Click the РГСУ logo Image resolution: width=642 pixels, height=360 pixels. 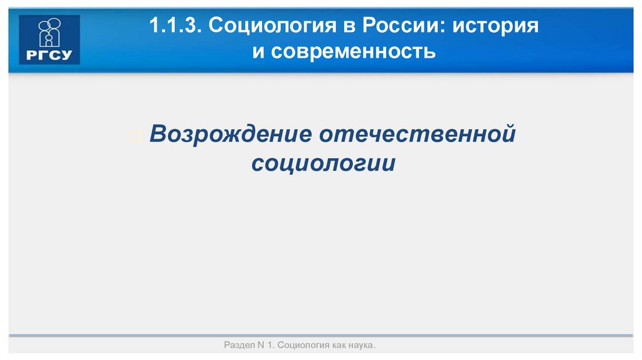50,40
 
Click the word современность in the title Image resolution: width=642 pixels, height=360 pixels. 354,52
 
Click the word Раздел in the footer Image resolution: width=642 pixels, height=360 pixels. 238,346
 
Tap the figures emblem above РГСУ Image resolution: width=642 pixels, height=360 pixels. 50,33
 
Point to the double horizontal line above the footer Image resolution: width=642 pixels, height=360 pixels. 321,336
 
